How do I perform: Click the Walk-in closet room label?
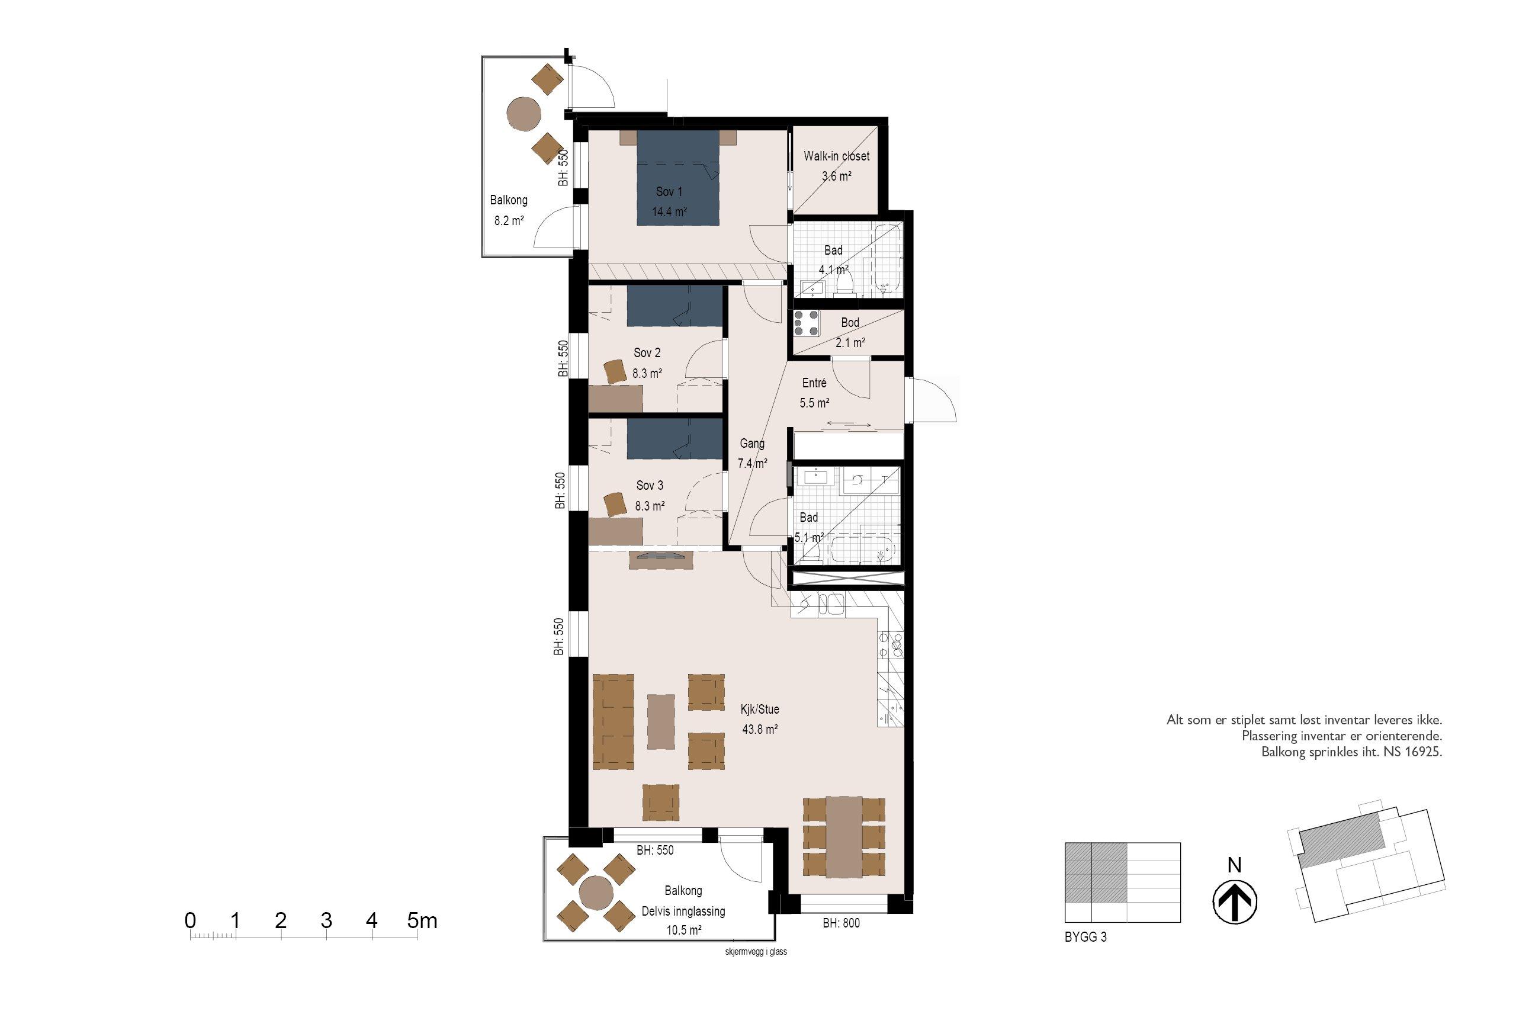coord(836,156)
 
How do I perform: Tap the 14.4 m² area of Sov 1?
coord(669,211)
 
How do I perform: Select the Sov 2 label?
coord(647,352)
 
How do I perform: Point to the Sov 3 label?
coord(650,486)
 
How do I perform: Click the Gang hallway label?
coord(752,444)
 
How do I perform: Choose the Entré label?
coord(814,383)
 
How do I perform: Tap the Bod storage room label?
coord(850,322)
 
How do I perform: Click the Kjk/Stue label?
coord(760,710)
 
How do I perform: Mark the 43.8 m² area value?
coord(760,730)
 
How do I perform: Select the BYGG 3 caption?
coord(1085,938)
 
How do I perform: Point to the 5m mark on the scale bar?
coord(422,921)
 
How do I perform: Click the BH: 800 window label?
coord(841,923)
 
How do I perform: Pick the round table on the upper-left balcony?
coord(523,114)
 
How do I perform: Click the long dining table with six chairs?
coord(844,837)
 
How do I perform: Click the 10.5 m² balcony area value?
coord(684,930)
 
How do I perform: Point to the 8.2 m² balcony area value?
coord(509,220)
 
